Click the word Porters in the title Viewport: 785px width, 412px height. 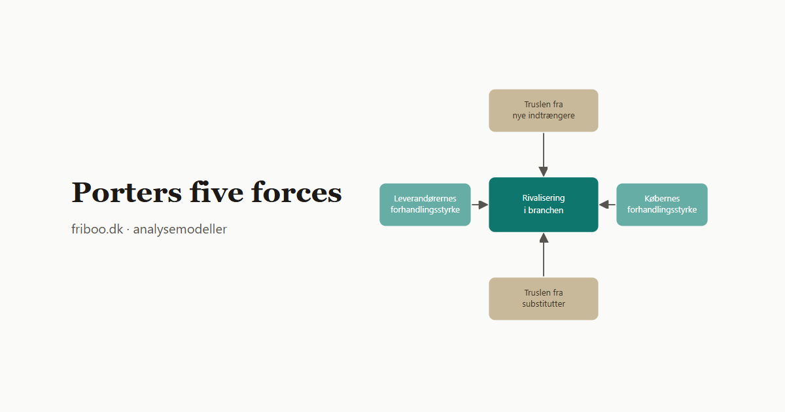click(x=126, y=192)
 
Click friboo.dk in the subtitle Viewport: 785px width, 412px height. click(x=97, y=229)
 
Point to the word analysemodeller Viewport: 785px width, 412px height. click(x=180, y=229)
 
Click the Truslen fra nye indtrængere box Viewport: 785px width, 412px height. click(x=544, y=111)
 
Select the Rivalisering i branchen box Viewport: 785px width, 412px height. click(x=544, y=205)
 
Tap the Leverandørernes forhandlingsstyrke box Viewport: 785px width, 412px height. click(x=425, y=205)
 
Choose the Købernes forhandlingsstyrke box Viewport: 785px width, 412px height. click(x=662, y=205)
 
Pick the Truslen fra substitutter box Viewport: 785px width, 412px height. click(x=544, y=299)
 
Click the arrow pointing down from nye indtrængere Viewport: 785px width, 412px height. click(x=544, y=154)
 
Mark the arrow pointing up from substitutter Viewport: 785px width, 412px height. click(x=544, y=254)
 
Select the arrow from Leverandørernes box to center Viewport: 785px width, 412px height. click(x=480, y=205)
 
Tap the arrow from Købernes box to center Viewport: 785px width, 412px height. click(x=607, y=205)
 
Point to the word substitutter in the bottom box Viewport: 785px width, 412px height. click(x=544, y=303)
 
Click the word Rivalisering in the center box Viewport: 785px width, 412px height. click(x=544, y=198)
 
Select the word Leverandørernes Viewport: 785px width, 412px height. click(x=425, y=199)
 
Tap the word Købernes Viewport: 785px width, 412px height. click(x=662, y=199)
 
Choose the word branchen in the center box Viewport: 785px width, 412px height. click(x=546, y=210)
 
